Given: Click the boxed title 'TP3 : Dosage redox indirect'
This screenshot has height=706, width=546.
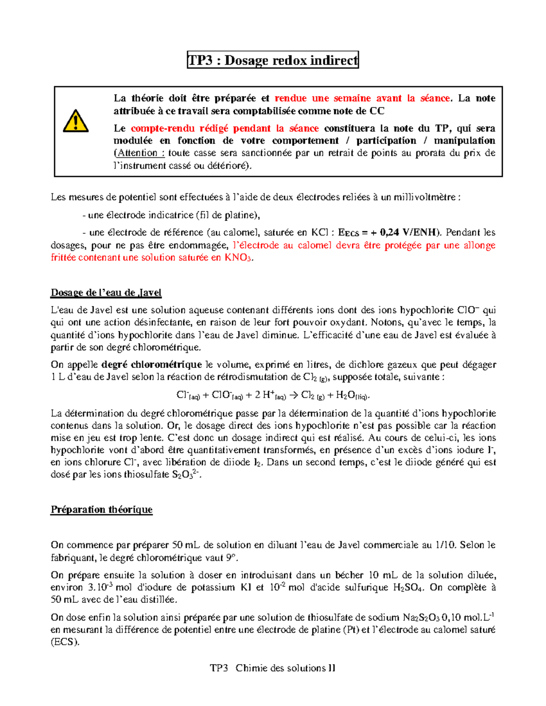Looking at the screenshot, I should (x=273, y=60).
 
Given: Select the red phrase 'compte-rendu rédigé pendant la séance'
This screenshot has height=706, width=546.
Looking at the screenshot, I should (x=225, y=129).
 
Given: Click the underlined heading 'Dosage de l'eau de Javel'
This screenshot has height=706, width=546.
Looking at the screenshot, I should (x=106, y=293).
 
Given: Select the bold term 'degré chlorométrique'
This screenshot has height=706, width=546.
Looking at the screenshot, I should (x=152, y=365).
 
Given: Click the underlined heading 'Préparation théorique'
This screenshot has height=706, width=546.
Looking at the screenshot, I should (x=101, y=510).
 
